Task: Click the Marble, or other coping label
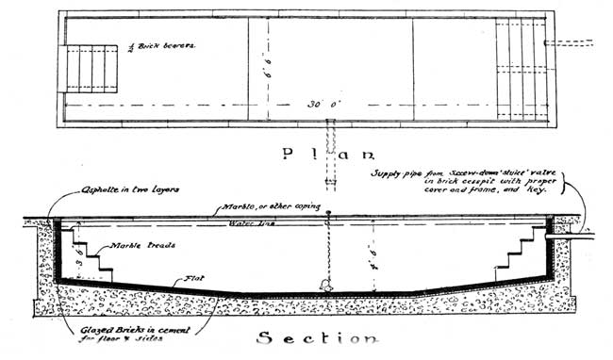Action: coord(269,207)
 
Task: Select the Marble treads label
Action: coord(137,245)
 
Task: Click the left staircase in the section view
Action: coord(91,255)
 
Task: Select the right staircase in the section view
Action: coord(517,255)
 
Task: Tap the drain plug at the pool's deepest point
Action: coord(326,284)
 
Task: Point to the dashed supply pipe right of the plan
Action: coord(572,43)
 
